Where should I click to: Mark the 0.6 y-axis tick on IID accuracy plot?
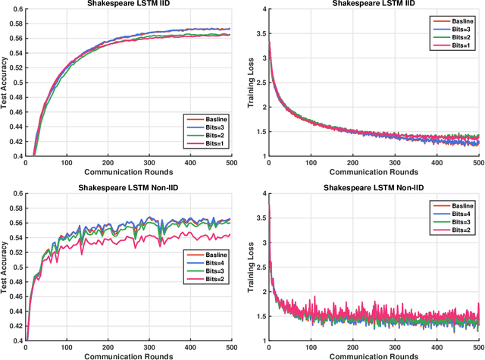coord(17,10)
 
